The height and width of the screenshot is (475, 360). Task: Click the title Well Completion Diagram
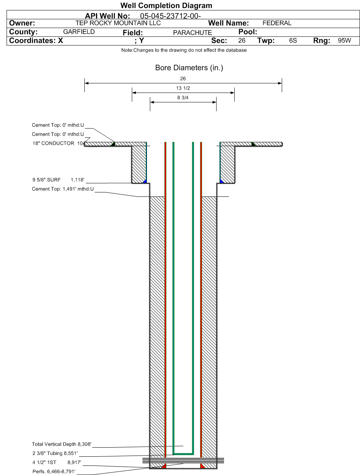pos(166,5)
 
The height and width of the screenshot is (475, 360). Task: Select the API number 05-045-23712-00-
pos(171,16)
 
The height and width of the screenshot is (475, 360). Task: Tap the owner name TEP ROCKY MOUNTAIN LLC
pos(118,23)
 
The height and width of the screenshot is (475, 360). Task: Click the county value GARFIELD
pos(79,32)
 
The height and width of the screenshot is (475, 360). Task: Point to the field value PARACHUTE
pos(193,33)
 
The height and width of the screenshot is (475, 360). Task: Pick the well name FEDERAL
pos(277,23)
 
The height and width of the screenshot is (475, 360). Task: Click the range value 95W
pos(344,40)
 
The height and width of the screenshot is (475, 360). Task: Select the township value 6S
pos(293,40)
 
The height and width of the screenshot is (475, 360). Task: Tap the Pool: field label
pos(248,32)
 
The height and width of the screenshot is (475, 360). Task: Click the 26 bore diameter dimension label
pos(183,79)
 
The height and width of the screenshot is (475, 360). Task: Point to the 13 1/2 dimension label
pos(183,88)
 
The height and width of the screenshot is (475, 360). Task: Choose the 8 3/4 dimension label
pos(183,98)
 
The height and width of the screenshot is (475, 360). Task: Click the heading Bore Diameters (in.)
pos(189,68)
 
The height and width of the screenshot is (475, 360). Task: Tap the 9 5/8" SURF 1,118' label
pos(58,180)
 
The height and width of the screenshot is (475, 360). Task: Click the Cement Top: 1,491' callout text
pos(63,189)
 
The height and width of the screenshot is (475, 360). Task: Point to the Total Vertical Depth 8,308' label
pos(62,444)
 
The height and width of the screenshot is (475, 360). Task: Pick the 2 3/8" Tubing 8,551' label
pos(55,453)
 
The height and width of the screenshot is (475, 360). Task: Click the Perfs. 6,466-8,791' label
pos(54,471)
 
